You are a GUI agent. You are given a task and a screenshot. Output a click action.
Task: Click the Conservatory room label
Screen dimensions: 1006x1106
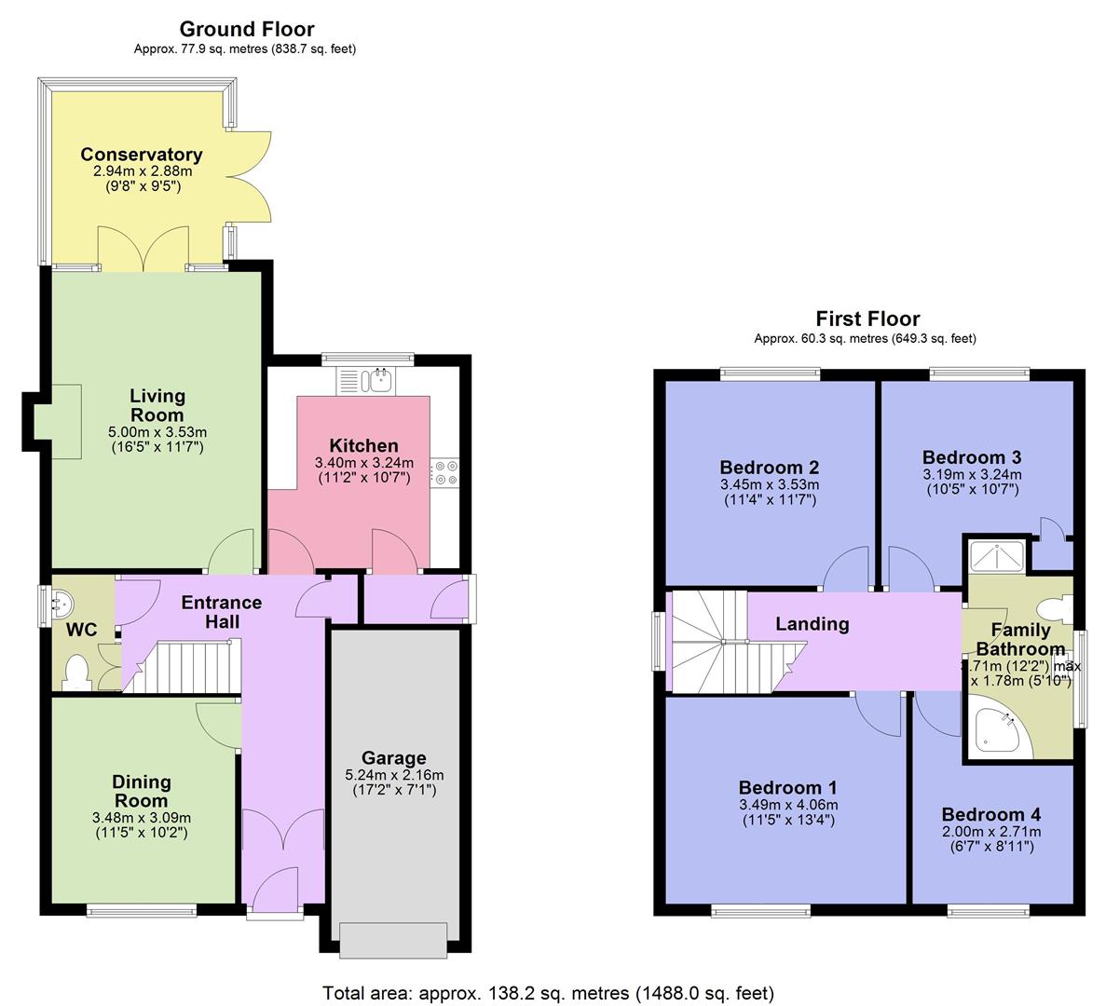point(141,155)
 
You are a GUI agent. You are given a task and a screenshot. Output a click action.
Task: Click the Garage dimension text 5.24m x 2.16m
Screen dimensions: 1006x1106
point(394,775)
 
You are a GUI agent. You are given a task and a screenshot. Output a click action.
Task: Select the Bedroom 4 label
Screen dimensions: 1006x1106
point(990,814)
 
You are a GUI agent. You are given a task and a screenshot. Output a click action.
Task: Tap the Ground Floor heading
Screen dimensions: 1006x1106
point(246,30)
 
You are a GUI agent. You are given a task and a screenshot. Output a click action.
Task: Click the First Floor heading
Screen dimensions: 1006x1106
point(867,319)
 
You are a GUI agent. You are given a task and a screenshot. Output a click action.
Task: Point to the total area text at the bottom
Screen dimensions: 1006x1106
point(548,993)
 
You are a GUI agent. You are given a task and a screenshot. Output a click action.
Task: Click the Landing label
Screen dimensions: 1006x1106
point(812,624)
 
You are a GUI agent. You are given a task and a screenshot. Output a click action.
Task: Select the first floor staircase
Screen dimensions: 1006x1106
point(724,642)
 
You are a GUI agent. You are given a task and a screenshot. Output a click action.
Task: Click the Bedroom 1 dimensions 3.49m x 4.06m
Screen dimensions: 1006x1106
point(787,805)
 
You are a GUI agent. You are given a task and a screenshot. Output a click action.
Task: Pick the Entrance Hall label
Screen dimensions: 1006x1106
point(222,612)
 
